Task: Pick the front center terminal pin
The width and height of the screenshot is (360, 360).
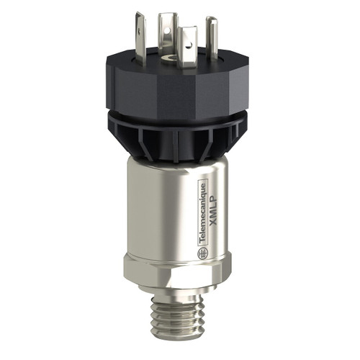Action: [189, 44]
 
